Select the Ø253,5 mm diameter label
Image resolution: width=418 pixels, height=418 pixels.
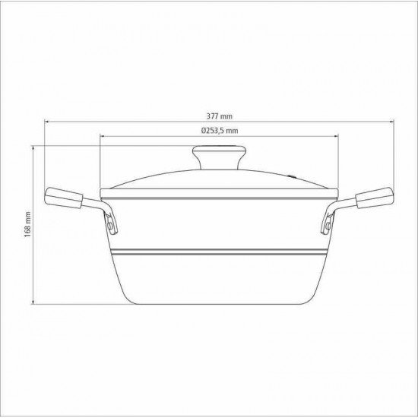220,131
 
